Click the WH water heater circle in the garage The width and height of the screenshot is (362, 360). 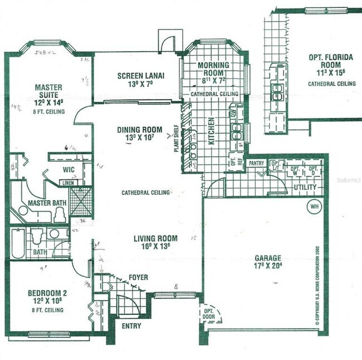point(314,207)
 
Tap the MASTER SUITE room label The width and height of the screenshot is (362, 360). point(48,91)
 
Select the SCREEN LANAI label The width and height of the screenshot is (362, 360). point(139,76)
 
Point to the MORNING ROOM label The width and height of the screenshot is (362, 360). point(214,69)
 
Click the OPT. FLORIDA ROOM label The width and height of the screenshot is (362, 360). point(331,61)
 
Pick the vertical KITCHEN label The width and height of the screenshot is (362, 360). point(212,131)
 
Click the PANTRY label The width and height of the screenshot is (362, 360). point(256,164)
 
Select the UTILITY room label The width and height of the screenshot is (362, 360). point(306,188)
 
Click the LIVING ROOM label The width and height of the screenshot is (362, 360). point(155,239)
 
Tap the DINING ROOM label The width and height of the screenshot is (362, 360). point(139,130)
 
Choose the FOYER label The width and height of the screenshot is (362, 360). point(138,275)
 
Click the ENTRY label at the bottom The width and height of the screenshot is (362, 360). point(131,326)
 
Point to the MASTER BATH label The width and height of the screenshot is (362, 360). point(47,203)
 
